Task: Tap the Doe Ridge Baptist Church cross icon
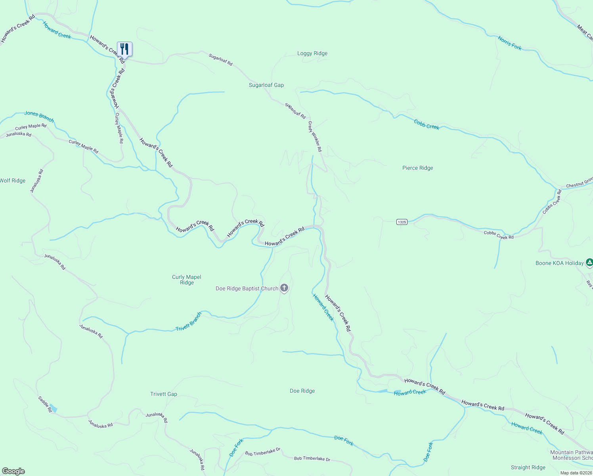pos(284,288)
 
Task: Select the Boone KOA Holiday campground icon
pos(589,262)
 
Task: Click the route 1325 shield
pos(402,222)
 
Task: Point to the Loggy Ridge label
pos(312,54)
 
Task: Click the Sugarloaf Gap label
pos(266,85)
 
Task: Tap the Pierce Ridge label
pos(417,168)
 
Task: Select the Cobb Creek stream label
pos(427,124)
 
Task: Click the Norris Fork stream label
pos(510,43)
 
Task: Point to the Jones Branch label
pos(39,116)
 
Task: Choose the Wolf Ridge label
pos(13,180)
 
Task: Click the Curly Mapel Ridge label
pos(187,280)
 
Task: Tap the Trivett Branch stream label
pos(189,322)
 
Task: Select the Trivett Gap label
pos(164,394)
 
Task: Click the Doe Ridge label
pos(302,391)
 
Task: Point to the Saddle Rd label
pos(45,404)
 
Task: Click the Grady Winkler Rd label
pos(315,136)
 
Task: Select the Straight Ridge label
pos(528,467)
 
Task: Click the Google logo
pos(13,471)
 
